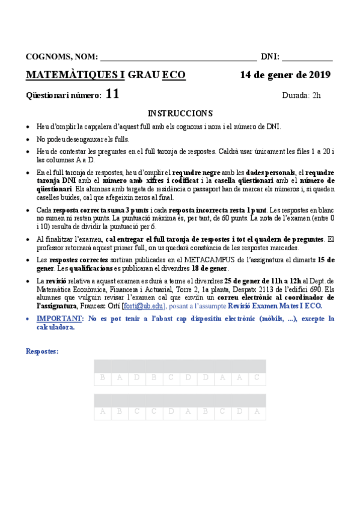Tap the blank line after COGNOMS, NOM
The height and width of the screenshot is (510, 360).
click(178, 58)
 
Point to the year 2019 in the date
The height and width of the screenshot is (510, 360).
click(318, 75)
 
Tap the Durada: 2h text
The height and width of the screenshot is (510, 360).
click(301, 95)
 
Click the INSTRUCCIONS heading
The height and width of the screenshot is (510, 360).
click(180, 113)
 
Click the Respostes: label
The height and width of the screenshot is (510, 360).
click(42, 351)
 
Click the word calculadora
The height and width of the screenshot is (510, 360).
click(55, 328)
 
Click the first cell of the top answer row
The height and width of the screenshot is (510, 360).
click(103, 378)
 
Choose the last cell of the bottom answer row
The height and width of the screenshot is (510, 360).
click(257, 412)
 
